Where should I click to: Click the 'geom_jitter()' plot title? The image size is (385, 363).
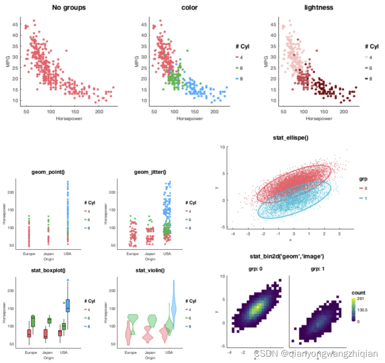[149, 172]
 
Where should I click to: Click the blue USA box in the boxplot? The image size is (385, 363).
[68, 305]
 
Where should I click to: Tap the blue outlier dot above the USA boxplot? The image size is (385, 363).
[68, 280]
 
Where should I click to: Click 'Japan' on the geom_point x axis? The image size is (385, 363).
[48, 253]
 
